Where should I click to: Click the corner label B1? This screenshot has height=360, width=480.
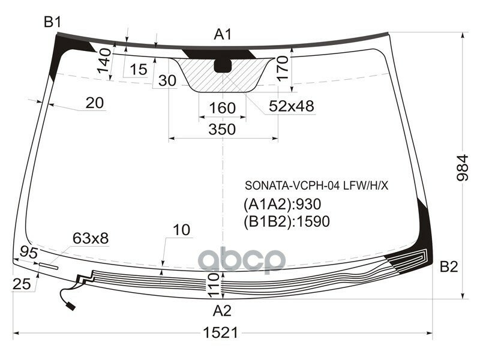[52, 23]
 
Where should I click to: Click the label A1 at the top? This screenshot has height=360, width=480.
[223, 35]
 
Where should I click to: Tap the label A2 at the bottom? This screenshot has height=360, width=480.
[222, 311]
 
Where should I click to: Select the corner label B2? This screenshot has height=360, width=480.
[449, 268]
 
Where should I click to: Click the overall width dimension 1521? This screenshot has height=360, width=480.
[223, 332]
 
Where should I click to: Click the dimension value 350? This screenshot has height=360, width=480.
[223, 129]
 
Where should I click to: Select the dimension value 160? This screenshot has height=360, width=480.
[222, 109]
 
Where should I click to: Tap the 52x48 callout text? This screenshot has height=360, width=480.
[291, 106]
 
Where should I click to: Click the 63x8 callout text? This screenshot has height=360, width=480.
[91, 238]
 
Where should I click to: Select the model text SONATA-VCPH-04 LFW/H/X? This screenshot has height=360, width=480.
[316, 185]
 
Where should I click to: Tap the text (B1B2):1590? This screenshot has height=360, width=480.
[286, 221]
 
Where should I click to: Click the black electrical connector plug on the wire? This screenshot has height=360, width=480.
[71, 307]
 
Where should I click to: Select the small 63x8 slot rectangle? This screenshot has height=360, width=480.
[48, 263]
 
